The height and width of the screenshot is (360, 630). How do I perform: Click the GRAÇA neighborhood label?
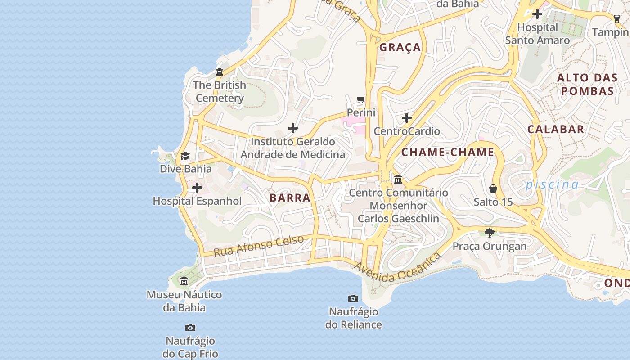[x=400, y=47]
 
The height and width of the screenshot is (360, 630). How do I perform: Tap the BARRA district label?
[x=290, y=198]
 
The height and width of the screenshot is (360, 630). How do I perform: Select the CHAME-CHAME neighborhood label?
[x=448, y=152]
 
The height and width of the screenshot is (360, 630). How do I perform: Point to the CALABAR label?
[x=556, y=129]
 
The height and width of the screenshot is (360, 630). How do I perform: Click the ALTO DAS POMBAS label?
[x=587, y=84]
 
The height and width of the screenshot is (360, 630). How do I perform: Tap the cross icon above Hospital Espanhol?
[x=197, y=188]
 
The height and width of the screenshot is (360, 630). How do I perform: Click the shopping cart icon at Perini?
[x=360, y=99]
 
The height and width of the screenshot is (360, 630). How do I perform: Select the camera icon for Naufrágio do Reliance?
[x=353, y=298]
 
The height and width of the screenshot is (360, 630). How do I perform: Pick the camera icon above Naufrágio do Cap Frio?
[x=190, y=328]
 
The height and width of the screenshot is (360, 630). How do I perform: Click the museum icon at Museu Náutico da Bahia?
[x=184, y=281]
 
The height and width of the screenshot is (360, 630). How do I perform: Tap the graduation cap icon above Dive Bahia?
[x=185, y=156]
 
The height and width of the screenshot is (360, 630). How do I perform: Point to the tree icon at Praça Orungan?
[x=490, y=233]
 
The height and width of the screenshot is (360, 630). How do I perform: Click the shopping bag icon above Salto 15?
[x=493, y=188]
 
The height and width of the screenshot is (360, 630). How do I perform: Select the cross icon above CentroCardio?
[x=407, y=118]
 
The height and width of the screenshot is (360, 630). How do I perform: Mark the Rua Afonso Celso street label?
[x=259, y=246]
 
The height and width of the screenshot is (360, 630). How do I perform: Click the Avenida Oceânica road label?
[x=398, y=269]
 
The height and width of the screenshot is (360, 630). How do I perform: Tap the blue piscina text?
[x=552, y=184]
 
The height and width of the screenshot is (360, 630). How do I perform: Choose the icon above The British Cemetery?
[x=220, y=72]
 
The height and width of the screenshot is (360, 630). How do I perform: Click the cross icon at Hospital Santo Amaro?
[x=537, y=14]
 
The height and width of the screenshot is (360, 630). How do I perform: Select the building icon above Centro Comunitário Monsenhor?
[x=398, y=180]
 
